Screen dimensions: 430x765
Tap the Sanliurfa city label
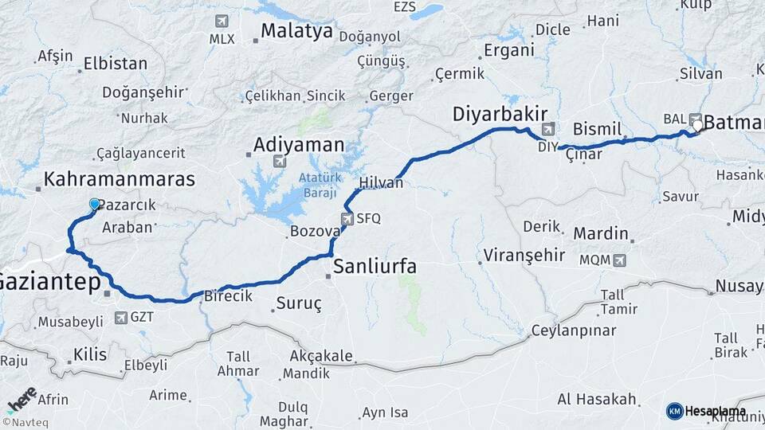(374, 266)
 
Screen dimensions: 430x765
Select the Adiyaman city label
(299, 145)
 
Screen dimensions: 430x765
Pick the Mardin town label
(601, 234)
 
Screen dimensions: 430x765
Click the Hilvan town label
(382, 183)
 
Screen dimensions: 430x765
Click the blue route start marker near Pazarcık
(95, 205)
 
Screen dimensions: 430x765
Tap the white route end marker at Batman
(697, 125)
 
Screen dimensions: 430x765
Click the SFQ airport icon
(347, 218)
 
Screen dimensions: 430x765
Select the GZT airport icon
(120, 318)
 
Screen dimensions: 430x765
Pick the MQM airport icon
(620, 260)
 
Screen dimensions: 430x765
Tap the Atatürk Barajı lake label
(318, 186)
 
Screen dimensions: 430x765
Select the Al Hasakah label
(597, 399)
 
